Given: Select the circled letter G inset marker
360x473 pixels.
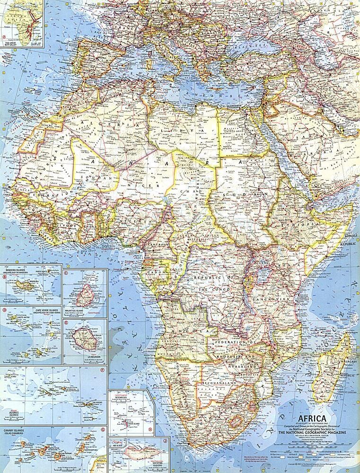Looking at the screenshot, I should (103, 429).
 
